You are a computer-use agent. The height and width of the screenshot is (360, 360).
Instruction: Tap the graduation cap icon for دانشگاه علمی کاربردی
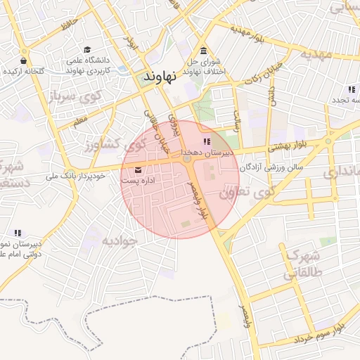(86, 49)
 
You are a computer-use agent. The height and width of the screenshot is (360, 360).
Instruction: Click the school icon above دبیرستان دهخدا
(205, 143)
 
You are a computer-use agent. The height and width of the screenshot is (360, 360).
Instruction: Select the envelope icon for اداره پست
(137, 170)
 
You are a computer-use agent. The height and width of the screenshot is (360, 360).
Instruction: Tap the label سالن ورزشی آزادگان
(271, 168)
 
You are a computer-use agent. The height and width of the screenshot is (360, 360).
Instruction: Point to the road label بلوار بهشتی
(285, 145)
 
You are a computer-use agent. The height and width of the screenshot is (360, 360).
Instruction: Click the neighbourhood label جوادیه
(118, 240)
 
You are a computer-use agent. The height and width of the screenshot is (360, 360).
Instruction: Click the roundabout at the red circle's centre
(186, 160)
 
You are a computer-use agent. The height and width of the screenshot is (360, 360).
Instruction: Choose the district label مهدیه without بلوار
(315, 53)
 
